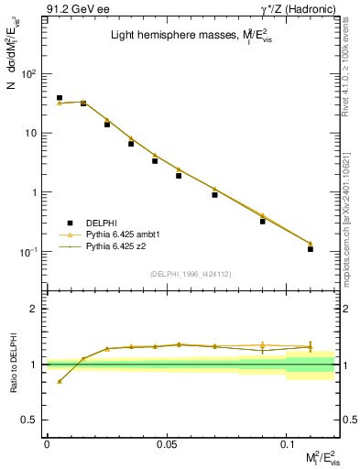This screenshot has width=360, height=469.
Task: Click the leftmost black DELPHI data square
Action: (x=60, y=98)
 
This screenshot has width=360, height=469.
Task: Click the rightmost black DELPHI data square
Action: (x=311, y=248)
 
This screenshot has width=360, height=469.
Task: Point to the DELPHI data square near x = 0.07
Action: (x=214, y=194)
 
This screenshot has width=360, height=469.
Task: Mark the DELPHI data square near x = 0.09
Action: (x=263, y=221)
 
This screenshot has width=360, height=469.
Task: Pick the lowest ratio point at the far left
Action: (x=60, y=381)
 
